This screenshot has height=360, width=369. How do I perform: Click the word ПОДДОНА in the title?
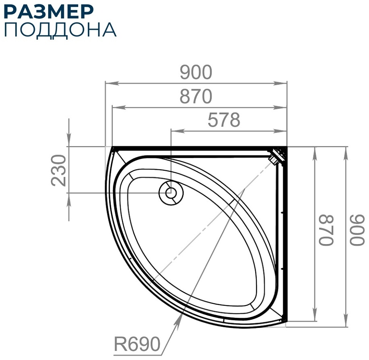pos(60,30)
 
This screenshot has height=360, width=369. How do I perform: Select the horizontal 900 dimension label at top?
pos(196,72)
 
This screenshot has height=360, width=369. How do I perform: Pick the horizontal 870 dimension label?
pos(196,96)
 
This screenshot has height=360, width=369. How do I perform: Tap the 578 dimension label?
pos(224,120)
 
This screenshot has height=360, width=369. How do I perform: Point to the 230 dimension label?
pos(59,170)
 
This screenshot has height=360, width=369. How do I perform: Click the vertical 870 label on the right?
pos(326,230)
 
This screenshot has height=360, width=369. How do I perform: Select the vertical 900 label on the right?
pos(357,230)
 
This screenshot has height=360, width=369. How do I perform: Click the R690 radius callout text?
pos(137,344)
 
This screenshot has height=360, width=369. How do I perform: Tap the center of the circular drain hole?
pos(171,193)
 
